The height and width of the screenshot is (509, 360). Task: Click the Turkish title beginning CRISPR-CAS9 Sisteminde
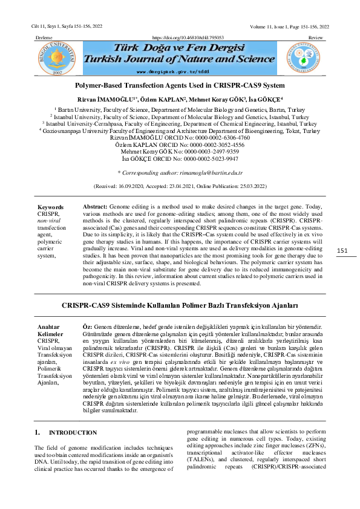[x=180, y=306]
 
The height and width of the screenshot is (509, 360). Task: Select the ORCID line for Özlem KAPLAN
[x=180, y=146]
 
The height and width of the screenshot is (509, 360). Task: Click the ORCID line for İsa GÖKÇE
[x=180, y=160]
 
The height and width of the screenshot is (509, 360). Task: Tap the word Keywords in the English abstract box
[x=50, y=207]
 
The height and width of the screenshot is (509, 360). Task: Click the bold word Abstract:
[x=95, y=207]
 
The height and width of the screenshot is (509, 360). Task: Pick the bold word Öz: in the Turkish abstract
[x=87, y=326]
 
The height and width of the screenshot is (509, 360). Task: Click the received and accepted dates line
[x=180, y=187]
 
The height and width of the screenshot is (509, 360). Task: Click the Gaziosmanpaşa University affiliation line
[x=180, y=131]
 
